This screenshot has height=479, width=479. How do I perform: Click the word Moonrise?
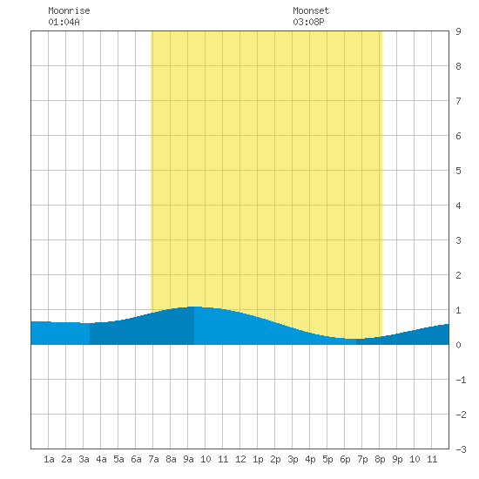pos(69,10)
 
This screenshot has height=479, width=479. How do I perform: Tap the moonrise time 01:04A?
pos(64,22)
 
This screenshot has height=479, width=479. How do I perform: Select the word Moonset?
pos(311,10)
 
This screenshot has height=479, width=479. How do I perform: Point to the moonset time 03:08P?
pos(308,22)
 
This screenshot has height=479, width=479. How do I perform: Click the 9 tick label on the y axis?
pos(458,31)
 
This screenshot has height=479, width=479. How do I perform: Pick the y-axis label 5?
pos(458,171)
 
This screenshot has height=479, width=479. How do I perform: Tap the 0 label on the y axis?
pos(458,345)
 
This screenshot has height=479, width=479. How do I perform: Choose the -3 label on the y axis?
pos(461,449)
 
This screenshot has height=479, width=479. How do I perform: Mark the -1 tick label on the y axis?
pos(461,380)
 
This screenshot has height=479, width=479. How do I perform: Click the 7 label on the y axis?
pos(458,101)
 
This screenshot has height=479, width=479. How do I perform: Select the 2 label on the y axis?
pos(458,275)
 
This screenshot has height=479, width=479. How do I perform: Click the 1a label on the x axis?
pos(49,459)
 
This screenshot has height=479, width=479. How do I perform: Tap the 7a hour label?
pos(153,459)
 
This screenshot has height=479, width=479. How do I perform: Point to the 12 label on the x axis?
pos(240,459)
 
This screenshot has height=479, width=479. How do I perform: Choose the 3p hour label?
pos(293,459)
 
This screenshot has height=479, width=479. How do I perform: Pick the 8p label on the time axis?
pos(380,459)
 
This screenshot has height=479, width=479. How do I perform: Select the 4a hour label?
pos(101,459)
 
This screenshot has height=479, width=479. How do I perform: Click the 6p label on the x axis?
pos(345,459)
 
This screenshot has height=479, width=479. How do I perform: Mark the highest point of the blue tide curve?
pos(194,307)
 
